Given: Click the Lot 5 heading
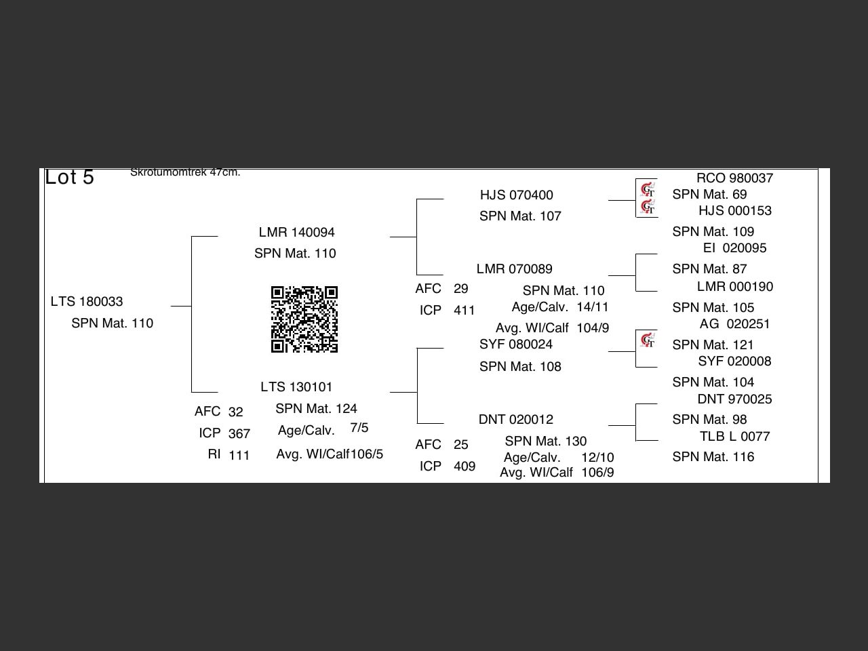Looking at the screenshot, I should click(69, 178).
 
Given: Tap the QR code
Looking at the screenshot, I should click(304, 319).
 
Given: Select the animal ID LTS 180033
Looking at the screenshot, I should click(87, 302).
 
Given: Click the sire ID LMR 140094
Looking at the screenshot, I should click(296, 233).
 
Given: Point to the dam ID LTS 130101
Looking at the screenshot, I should click(296, 387).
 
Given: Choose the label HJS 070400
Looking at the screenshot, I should click(516, 195).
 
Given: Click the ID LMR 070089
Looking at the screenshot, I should click(514, 269).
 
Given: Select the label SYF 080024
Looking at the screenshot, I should click(515, 344).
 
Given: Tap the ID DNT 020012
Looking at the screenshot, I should click(515, 420).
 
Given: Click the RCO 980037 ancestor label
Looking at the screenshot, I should click(734, 178).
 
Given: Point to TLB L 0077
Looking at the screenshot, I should click(734, 437).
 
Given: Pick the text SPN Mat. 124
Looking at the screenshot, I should click(316, 409).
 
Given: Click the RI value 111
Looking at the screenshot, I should click(239, 456).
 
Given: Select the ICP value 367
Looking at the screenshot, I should click(239, 434).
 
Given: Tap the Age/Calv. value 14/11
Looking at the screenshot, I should click(593, 307).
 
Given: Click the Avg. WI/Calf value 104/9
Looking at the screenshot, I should click(593, 328).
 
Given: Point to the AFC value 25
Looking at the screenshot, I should click(461, 445).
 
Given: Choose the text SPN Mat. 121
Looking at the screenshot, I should click(713, 345).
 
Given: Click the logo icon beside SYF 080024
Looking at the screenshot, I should click(648, 340).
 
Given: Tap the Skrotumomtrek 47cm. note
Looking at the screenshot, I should click(185, 172).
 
